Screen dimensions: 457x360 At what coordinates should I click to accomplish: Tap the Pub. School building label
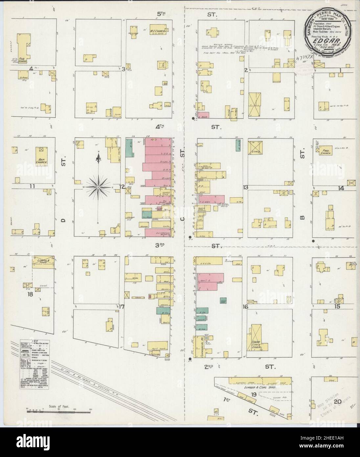pos(22,60)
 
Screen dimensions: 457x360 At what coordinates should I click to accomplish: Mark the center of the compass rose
pos(98,187)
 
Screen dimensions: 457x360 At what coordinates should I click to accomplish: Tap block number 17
pos(122,307)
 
